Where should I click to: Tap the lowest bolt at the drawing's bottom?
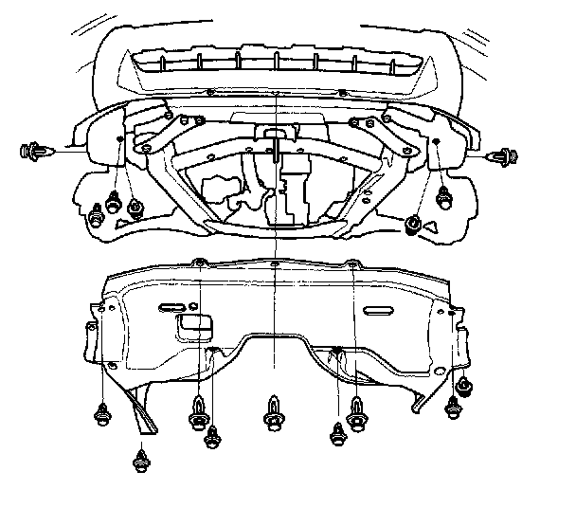(141, 463)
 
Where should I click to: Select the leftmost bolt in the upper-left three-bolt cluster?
(98, 212)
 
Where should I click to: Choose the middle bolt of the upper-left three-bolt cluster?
(114, 202)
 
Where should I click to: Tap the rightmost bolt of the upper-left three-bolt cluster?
(135, 207)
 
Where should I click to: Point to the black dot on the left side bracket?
(117, 137)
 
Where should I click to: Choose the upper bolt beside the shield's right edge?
(464, 387)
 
